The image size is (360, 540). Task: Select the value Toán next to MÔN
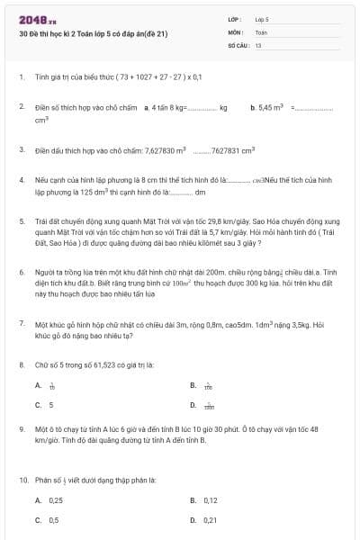[x=261, y=31]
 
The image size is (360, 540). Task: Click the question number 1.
[x=21, y=77]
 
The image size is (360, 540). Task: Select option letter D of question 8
[x=193, y=405]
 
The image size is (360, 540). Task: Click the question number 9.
[x=21, y=430]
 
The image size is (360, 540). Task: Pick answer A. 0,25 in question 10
[x=50, y=500]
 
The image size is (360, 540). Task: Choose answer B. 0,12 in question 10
[x=205, y=500]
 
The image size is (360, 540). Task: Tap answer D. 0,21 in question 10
[x=205, y=520]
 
